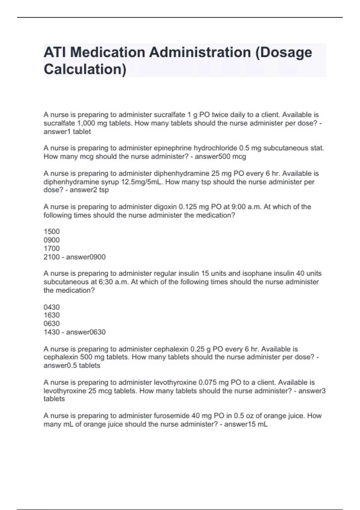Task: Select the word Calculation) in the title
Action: (x=85, y=69)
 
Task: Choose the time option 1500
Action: (x=52, y=232)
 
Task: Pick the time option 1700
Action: (x=52, y=248)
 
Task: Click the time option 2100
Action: (x=52, y=257)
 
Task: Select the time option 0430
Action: (x=52, y=307)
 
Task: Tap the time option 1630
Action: (x=52, y=315)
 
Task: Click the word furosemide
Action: (x=172, y=416)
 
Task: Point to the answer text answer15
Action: (x=240, y=424)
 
